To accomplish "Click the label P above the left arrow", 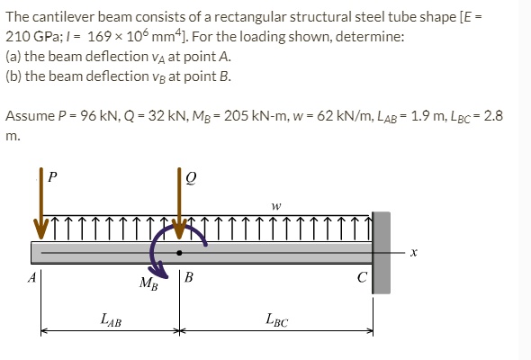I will point(51,177).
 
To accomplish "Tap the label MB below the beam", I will point(148,285).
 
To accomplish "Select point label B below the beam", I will point(188,277).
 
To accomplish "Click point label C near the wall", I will point(361,277).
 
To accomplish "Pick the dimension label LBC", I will point(276,316).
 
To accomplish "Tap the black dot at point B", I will point(180,253).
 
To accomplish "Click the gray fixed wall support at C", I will point(381,252).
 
